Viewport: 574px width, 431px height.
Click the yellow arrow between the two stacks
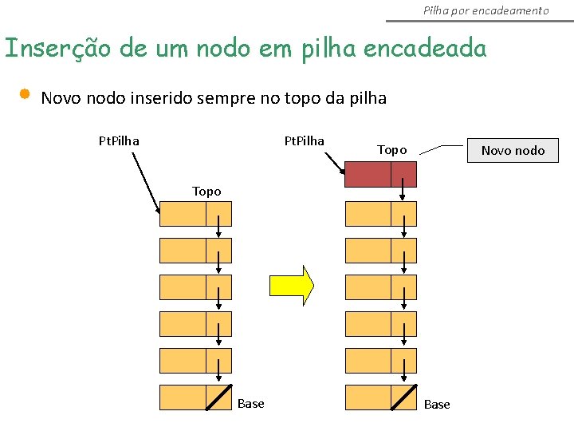(x=292, y=286)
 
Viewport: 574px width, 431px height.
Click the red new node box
(x=380, y=174)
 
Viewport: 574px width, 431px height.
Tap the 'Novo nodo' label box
(x=513, y=150)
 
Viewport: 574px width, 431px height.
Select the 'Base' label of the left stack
(x=250, y=404)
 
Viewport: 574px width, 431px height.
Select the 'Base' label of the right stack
(x=437, y=405)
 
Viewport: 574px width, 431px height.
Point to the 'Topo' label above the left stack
(x=206, y=192)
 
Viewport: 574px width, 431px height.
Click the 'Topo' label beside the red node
(x=391, y=150)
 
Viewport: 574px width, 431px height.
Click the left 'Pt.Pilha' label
(x=119, y=141)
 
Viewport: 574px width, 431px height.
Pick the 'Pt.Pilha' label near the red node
(x=305, y=141)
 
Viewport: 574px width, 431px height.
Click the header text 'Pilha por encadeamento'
(x=486, y=10)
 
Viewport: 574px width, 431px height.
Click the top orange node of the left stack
(x=195, y=214)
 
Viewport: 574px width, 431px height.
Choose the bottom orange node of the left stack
(x=195, y=397)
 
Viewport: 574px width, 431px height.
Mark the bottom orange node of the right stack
(x=380, y=397)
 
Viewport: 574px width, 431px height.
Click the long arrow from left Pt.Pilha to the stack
(x=146, y=182)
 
